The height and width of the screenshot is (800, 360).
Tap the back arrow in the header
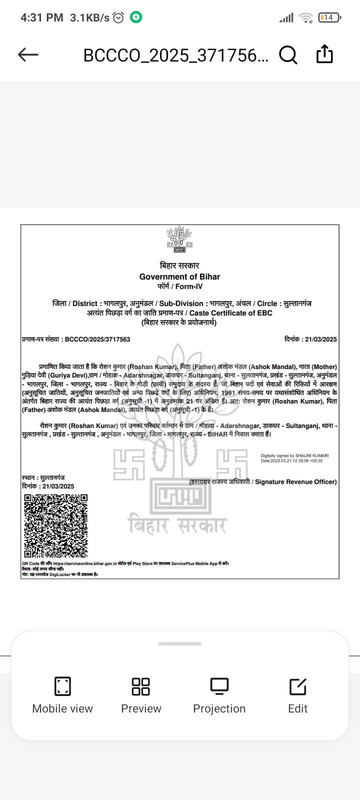click(28, 54)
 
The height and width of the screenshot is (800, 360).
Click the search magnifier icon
click(287, 54)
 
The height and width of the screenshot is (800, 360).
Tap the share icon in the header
click(324, 54)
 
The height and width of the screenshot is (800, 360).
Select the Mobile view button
click(62, 695)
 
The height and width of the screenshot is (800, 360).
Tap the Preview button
click(141, 695)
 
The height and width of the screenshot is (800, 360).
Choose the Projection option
click(219, 695)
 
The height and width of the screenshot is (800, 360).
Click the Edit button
click(297, 695)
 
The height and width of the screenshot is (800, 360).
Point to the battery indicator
click(328, 17)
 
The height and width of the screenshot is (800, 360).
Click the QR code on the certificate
click(56, 526)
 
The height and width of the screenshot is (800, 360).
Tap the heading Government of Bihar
click(179, 276)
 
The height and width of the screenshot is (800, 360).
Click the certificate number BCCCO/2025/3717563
click(97, 339)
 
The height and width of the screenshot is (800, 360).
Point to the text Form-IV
click(189, 286)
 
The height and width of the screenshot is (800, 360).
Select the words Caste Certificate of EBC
click(231, 313)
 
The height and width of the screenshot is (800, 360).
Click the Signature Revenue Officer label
click(295, 482)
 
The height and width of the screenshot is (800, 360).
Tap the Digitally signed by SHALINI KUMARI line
click(294, 455)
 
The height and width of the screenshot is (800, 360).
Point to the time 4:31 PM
click(41, 17)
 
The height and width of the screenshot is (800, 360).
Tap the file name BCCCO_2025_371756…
click(175, 55)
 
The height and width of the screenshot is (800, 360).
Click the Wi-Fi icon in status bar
click(305, 18)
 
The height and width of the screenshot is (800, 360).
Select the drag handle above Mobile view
click(179, 644)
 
